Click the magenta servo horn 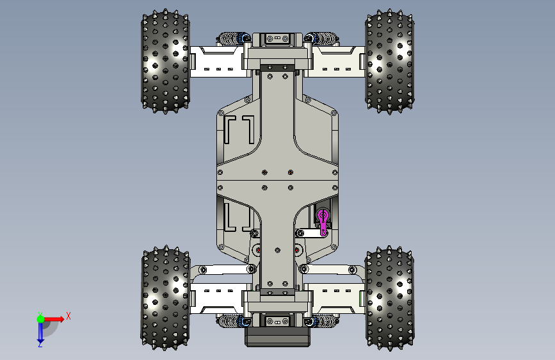323,222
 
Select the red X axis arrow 54,319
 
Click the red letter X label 68,316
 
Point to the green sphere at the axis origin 40,319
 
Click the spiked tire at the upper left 165,61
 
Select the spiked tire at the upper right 389,61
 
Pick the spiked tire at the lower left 165,298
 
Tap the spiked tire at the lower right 389,299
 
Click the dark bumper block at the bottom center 278,336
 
